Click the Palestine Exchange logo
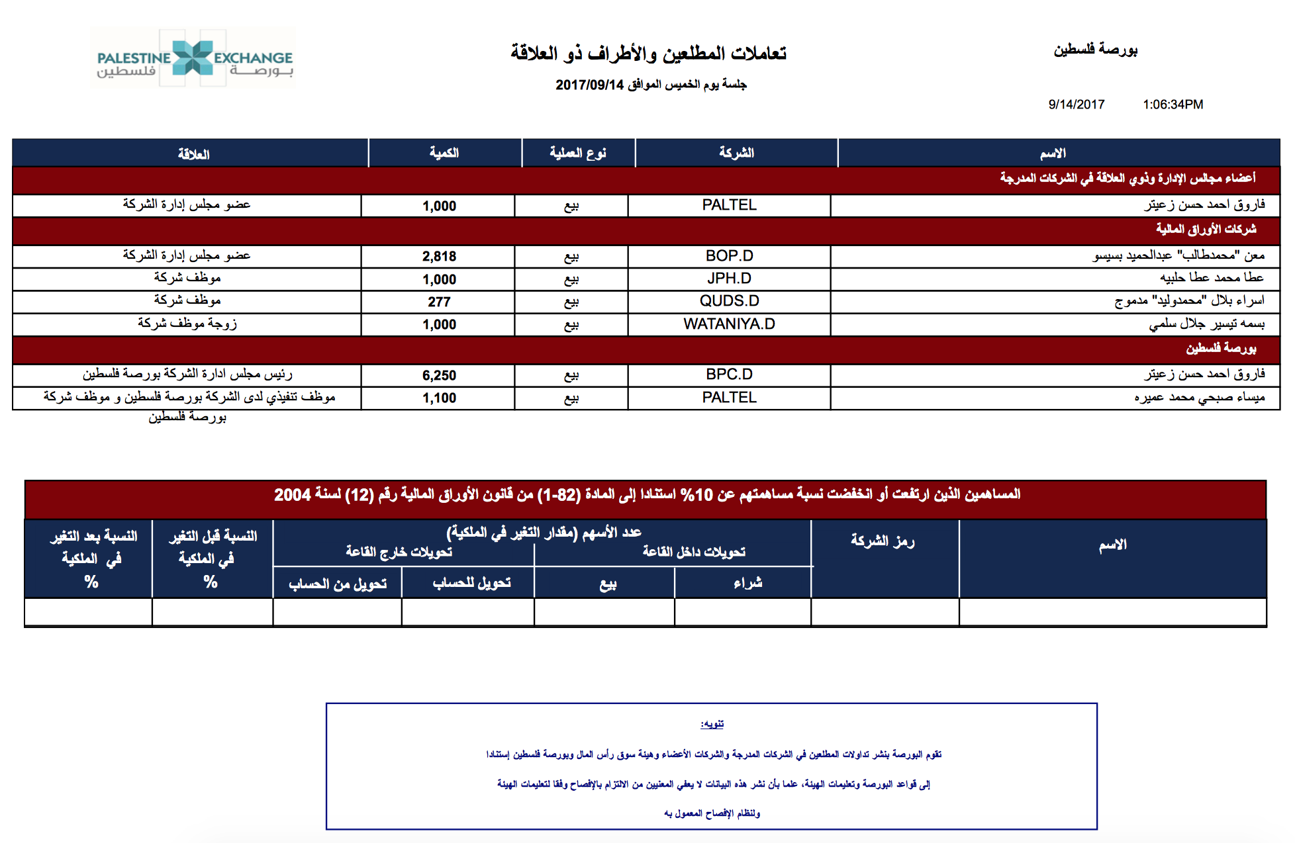click(193, 58)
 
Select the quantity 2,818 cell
click(439, 257)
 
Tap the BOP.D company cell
click(729, 256)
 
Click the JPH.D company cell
click(729, 279)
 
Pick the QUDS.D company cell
click(729, 301)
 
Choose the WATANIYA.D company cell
click(729, 324)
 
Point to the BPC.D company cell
click(729, 375)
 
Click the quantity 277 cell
click(439, 302)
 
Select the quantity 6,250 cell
click(439, 376)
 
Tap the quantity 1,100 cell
click(439, 398)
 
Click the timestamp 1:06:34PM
click(1173, 105)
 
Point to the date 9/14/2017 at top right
click(1076, 105)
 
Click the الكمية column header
click(444, 153)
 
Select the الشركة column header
click(736, 153)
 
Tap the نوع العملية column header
click(578, 153)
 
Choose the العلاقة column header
click(193, 154)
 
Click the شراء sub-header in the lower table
click(747, 583)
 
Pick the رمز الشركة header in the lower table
click(883, 541)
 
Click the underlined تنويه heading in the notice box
click(712, 724)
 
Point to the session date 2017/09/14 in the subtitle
click(589, 85)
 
